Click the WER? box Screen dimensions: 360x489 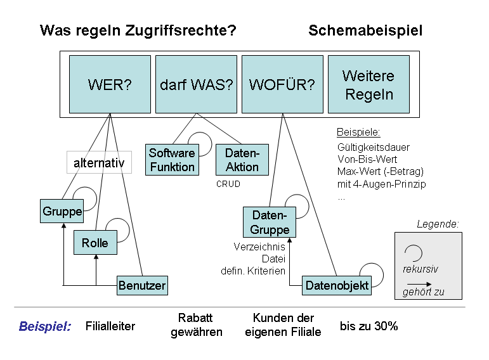[x=110, y=84]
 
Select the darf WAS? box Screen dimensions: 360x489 [x=196, y=84]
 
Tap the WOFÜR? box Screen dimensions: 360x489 [x=282, y=84]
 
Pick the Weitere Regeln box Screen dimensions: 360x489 [x=368, y=84]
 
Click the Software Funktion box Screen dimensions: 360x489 [x=172, y=160]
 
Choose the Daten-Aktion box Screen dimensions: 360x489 [x=242, y=160]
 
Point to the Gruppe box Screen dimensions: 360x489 [x=62, y=211]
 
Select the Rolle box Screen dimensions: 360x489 [x=95, y=243]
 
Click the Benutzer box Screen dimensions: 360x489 [x=142, y=285]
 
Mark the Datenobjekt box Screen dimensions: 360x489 [x=337, y=285]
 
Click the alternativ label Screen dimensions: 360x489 [x=99, y=163]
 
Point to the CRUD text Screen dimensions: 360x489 [x=228, y=184]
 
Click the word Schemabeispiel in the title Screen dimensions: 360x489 [x=365, y=30]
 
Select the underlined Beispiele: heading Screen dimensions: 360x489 [x=358, y=133]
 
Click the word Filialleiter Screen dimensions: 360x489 [x=110, y=326]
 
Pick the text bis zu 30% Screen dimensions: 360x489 [x=368, y=326]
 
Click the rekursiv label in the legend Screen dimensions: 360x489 [x=421, y=269]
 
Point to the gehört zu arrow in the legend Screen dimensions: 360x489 [x=421, y=295]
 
